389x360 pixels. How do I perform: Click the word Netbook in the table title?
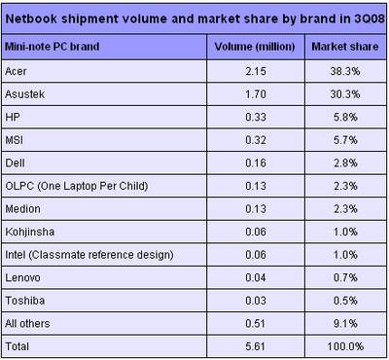[31, 18]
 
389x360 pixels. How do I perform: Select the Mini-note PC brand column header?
[53, 47]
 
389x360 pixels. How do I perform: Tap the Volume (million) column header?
[255, 47]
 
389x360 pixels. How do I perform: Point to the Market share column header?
[345, 47]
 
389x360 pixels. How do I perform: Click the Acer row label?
[16, 71]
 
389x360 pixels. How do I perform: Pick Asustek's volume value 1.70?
[256, 94]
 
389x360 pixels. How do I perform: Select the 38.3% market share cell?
[345, 71]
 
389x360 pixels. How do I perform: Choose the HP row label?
[13, 117]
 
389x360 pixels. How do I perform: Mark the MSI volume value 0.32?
[256, 140]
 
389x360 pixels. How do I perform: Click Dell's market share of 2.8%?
[345, 162]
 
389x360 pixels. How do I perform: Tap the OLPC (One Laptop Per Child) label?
[77, 186]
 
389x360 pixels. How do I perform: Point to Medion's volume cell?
[256, 209]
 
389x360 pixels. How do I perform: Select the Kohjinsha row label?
[30, 232]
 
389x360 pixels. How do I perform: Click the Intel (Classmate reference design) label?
[89, 255]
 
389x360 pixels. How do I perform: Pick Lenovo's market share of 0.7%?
[345, 277]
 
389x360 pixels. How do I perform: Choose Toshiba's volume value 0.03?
[256, 301]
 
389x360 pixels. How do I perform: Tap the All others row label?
[27, 323]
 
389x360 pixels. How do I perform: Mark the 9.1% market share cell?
[345, 323]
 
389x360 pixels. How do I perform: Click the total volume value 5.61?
[256, 346]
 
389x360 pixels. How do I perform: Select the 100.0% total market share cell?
[345, 346]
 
